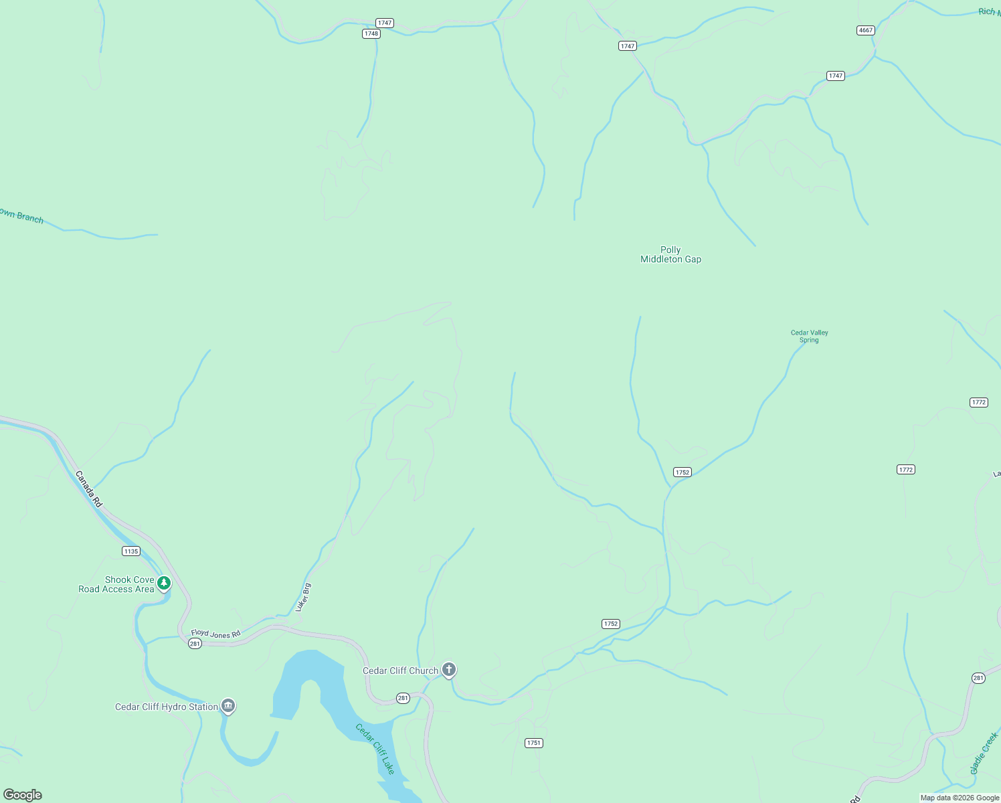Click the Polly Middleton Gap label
point(670,254)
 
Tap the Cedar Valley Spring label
point(809,336)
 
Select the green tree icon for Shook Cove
point(164,583)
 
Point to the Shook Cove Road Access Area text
point(116,584)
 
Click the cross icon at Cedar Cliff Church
point(448,669)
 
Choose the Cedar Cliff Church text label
point(400,671)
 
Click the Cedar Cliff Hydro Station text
point(167,707)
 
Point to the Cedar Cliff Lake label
point(375,749)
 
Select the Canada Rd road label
point(89,489)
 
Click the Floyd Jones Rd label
point(215,633)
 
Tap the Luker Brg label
point(303,597)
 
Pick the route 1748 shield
point(371,33)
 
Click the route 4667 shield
point(865,30)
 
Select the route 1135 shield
point(131,551)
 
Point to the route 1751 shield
point(533,743)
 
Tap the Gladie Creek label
point(984,753)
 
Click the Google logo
point(23,795)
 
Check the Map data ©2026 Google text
point(960,798)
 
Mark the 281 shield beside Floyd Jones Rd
point(195,644)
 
